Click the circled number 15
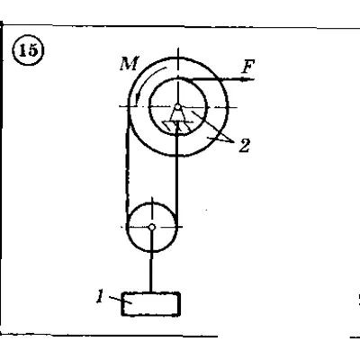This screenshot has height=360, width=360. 28,50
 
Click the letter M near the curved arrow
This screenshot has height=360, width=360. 130,64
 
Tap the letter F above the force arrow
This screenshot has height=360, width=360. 248,67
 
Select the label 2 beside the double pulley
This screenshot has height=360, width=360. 245,146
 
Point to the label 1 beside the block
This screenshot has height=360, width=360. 100,296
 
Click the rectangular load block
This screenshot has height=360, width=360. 151,304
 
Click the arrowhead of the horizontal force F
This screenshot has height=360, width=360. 247,79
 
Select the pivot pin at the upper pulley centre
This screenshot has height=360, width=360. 177,107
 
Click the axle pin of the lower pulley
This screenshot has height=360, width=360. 152,228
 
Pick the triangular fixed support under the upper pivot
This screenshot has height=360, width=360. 177,115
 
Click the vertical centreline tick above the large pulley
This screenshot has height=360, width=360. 178,53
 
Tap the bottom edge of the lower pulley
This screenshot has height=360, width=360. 152,251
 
